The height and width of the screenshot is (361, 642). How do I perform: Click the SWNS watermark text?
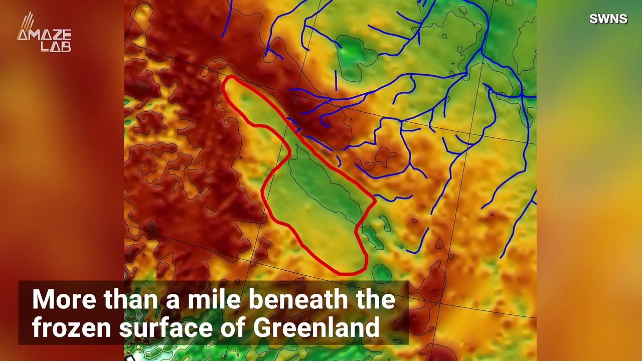(608, 19)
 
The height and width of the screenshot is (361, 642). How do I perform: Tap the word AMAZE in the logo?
(44, 36)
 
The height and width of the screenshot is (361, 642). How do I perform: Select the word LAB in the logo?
(56, 47)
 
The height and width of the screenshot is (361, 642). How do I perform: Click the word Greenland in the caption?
(316, 328)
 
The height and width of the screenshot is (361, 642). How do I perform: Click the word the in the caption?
(377, 299)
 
